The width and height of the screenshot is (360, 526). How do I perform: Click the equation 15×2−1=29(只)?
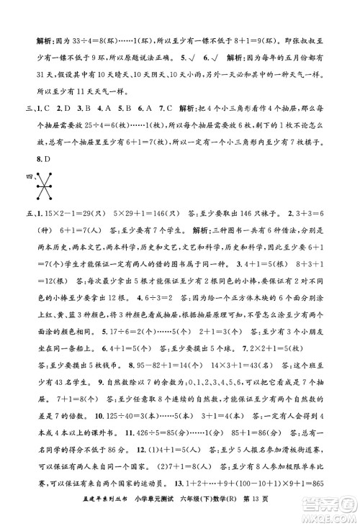(x=74, y=213)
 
